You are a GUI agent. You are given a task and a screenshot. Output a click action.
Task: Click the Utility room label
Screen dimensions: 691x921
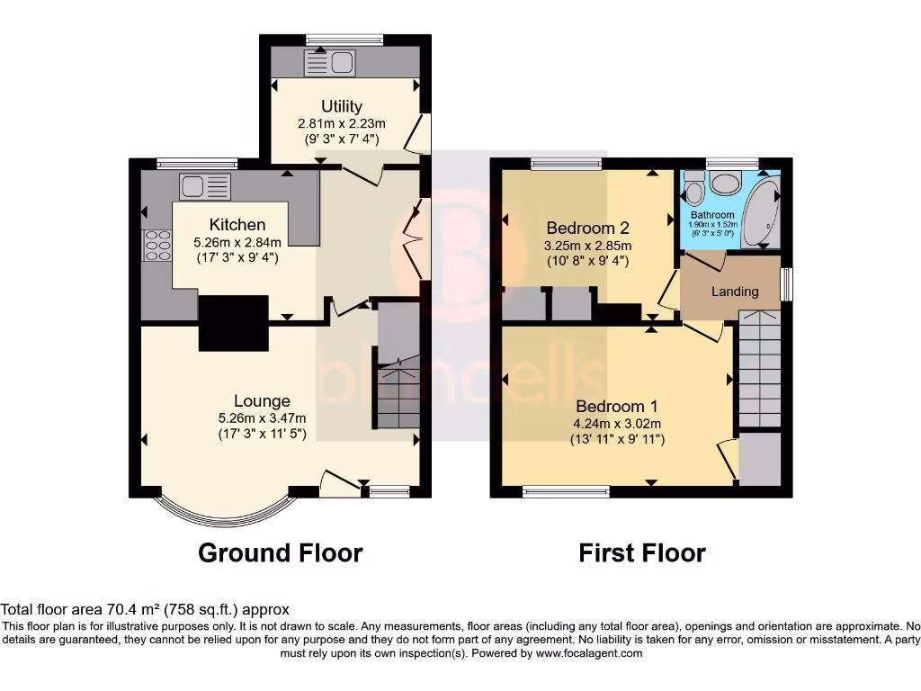pos(342,106)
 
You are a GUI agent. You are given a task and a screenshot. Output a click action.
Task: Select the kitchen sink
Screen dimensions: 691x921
pos(205,186)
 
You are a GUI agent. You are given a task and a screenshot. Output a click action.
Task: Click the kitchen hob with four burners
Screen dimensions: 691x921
pos(157,245)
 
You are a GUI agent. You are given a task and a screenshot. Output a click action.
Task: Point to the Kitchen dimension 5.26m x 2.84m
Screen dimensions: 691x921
pos(237,242)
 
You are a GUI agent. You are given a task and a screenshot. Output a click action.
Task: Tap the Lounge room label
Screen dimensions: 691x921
pos(262,401)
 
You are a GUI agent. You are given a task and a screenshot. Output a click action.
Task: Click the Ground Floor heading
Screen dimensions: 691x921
pos(280,552)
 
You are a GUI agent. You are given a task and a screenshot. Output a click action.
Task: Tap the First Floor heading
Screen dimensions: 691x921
pos(642,552)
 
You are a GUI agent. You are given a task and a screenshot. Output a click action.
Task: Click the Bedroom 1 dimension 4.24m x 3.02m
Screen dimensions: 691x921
pos(619,425)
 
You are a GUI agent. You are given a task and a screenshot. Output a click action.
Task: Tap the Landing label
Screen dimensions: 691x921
pos(735,292)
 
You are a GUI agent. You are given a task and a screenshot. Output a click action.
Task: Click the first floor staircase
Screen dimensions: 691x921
pos(759,369)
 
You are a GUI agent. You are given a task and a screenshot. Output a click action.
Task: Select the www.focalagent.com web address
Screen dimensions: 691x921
pos(589,653)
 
